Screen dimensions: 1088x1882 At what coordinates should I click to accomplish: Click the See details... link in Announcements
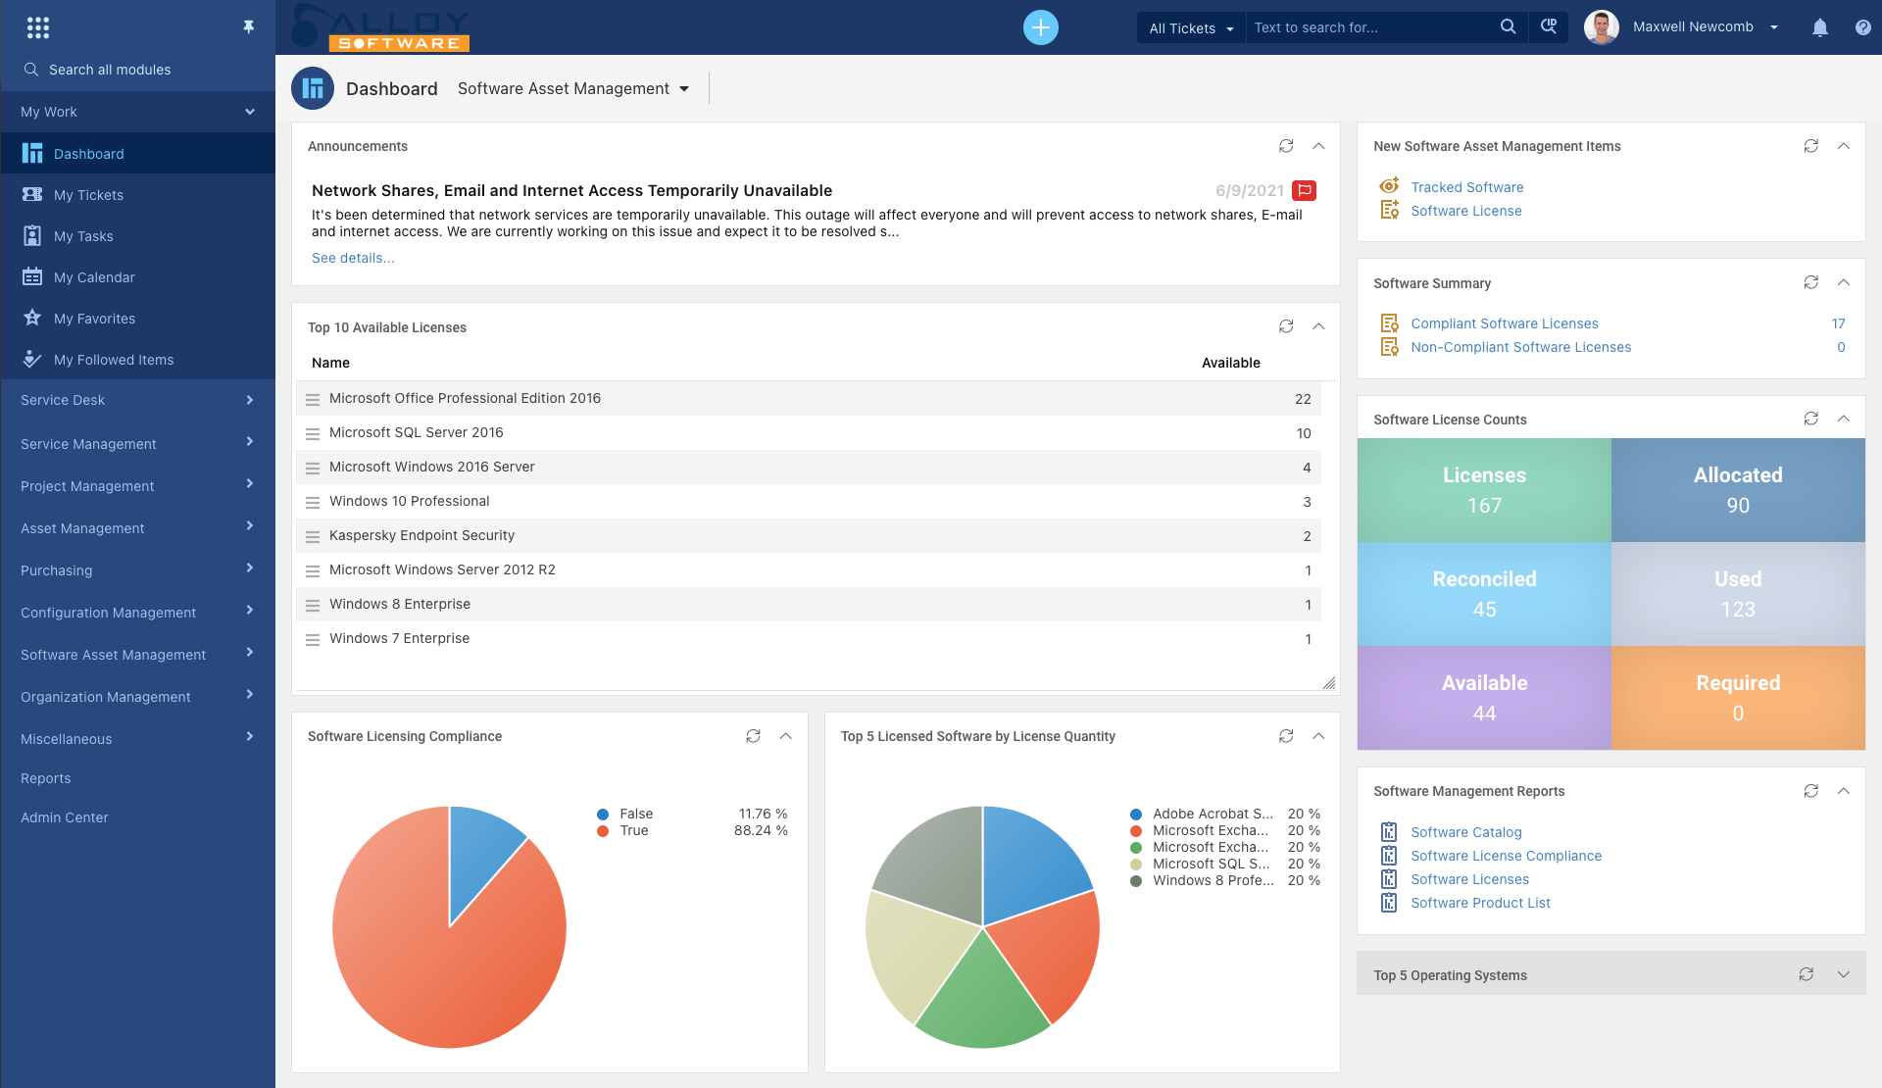pyautogui.click(x=353, y=258)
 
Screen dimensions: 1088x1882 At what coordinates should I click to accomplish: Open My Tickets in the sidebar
pyautogui.click(x=88, y=195)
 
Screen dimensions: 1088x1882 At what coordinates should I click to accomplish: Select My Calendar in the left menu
pyautogui.click(x=94, y=277)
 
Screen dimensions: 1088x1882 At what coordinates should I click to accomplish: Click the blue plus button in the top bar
pyautogui.click(x=1040, y=27)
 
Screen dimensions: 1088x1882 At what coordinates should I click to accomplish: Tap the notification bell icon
pyautogui.click(x=1819, y=27)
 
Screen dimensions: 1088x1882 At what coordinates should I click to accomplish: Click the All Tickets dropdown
pyautogui.click(x=1190, y=28)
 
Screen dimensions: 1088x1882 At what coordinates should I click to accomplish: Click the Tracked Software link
pyautogui.click(x=1466, y=187)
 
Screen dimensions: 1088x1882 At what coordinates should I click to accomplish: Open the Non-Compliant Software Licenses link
pyautogui.click(x=1520, y=347)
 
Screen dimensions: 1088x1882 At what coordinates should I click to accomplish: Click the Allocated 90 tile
pyautogui.click(x=1737, y=490)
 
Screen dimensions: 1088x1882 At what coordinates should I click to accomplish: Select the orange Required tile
pyautogui.click(x=1737, y=697)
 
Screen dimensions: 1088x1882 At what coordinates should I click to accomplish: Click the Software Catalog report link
pyautogui.click(x=1465, y=832)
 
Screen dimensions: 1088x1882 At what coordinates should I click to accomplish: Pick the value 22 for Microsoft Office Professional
pyautogui.click(x=1302, y=399)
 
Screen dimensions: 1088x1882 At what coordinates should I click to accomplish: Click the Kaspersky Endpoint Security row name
pyautogui.click(x=421, y=535)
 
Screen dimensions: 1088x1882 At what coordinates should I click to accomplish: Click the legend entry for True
pyautogui.click(x=634, y=830)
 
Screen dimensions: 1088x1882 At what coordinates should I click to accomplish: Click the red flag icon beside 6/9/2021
pyautogui.click(x=1304, y=190)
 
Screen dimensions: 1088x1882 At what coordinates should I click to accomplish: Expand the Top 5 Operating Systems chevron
pyautogui.click(x=1843, y=974)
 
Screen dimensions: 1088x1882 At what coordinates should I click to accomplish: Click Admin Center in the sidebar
pyautogui.click(x=65, y=817)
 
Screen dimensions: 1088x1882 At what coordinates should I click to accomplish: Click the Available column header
pyautogui.click(x=1230, y=363)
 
